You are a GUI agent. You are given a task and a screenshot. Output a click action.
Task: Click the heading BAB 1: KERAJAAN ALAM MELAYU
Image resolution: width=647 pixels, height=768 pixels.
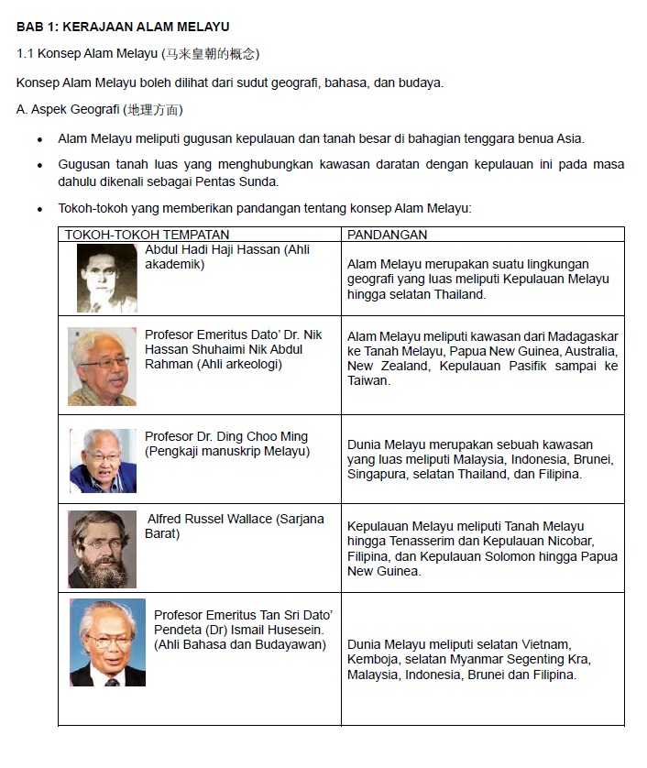pyautogui.click(x=123, y=27)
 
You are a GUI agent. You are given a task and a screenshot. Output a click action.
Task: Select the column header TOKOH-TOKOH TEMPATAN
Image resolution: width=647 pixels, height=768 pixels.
pyautogui.click(x=147, y=235)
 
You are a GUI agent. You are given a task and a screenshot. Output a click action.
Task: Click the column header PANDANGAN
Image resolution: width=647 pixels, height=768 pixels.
pyautogui.click(x=388, y=235)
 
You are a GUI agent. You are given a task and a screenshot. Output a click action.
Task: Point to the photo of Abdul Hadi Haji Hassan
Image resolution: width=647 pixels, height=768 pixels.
pyautogui.click(x=106, y=278)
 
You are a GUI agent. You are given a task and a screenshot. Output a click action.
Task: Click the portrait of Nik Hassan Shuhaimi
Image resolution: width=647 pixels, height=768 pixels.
pyautogui.click(x=102, y=367)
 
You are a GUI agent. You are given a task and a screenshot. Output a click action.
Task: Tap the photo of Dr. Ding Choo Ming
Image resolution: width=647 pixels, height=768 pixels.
pyautogui.click(x=104, y=460)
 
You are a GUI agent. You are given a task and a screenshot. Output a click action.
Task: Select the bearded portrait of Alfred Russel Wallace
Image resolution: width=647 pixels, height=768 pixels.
pyautogui.click(x=102, y=549)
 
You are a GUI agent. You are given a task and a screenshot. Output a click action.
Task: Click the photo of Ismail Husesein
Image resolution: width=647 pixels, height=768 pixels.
pyautogui.click(x=107, y=642)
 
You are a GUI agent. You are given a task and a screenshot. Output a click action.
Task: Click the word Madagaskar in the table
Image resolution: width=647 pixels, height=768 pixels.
pyautogui.click(x=579, y=336)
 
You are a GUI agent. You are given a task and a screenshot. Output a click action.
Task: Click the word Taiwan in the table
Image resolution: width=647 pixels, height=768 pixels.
pyautogui.click(x=368, y=380)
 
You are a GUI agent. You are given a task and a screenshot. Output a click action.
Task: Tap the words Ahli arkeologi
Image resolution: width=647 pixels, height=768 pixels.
pyautogui.click(x=239, y=364)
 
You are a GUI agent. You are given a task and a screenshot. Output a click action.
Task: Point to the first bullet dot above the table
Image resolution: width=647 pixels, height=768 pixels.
pyautogui.click(x=39, y=140)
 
